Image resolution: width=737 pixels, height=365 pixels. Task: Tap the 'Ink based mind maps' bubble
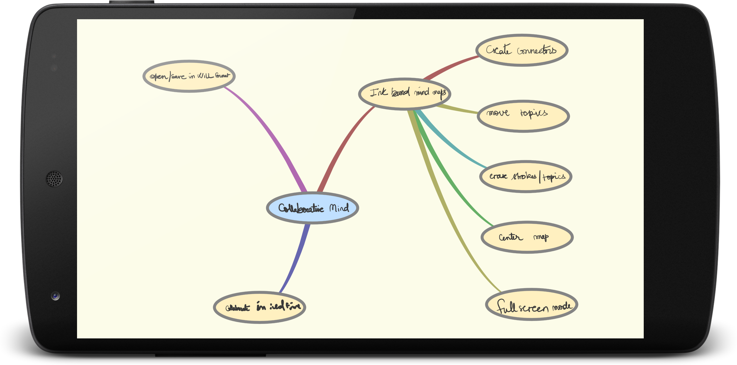404,94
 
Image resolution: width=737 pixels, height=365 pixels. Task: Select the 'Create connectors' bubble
522,50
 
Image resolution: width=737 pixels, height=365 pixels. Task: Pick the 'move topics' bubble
523,116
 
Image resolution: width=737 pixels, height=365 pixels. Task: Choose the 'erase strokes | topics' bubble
526,176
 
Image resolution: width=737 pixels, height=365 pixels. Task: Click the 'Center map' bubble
527,237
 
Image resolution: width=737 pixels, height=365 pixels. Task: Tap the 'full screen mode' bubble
531,304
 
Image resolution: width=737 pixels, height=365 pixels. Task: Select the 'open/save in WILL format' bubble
189,76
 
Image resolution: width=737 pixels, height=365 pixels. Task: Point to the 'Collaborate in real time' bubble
259,307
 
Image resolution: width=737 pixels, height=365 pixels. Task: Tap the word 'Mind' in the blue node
339,208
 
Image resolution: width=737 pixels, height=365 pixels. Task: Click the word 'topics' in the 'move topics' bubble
534,113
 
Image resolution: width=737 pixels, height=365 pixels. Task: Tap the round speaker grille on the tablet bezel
54,179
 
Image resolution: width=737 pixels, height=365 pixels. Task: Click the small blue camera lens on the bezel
55,296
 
